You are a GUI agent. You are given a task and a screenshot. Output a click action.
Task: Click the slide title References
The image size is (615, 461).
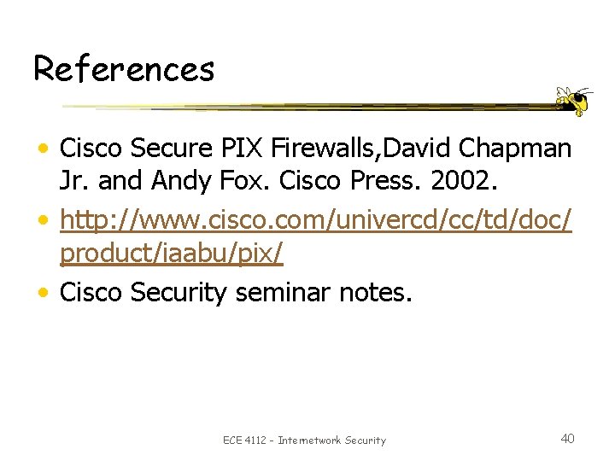pyautogui.click(x=124, y=68)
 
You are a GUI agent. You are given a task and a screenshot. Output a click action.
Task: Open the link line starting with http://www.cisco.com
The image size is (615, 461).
pyautogui.click(x=315, y=222)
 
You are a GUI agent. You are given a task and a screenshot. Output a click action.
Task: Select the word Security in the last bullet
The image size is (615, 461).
pyautogui.click(x=179, y=294)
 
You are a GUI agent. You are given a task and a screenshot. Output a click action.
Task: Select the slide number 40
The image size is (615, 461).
pyautogui.click(x=567, y=438)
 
